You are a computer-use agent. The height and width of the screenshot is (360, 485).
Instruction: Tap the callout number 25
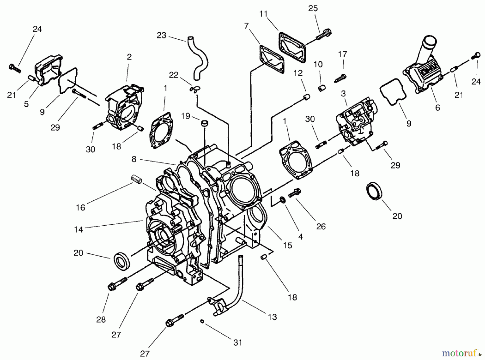coord(313,8)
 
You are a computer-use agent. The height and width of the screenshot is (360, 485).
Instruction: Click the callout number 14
coord(79,230)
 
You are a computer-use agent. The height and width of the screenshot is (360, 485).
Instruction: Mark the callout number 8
coord(134,159)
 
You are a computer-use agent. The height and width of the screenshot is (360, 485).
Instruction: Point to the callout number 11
coord(264,13)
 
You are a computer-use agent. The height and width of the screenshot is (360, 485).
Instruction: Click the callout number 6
coord(438,108)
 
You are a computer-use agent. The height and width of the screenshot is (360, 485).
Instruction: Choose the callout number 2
coord(129,57)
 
